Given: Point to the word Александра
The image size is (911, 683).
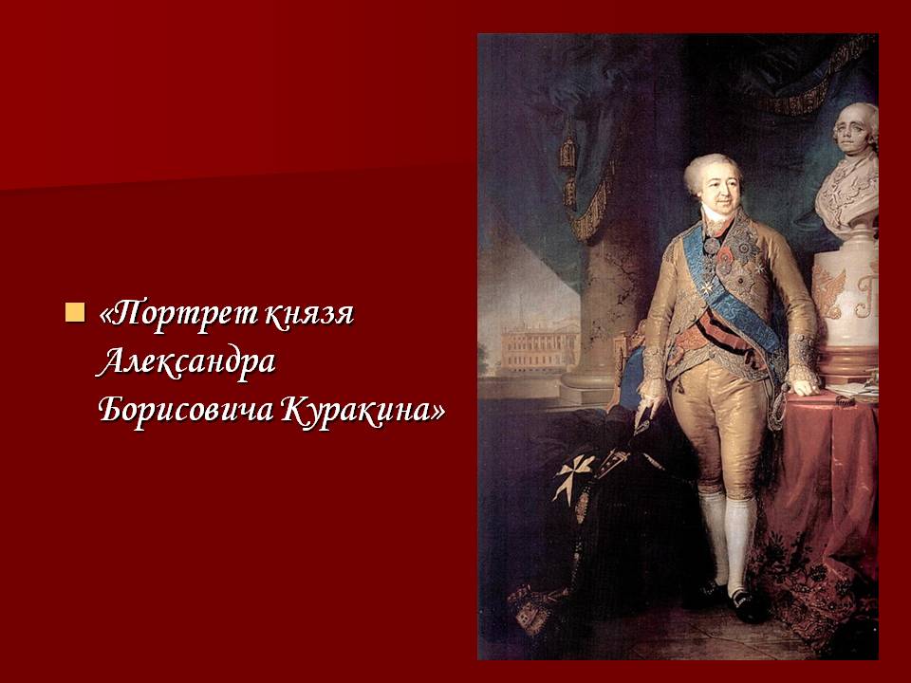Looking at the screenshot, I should pyautogui.click(x=186, y=361).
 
